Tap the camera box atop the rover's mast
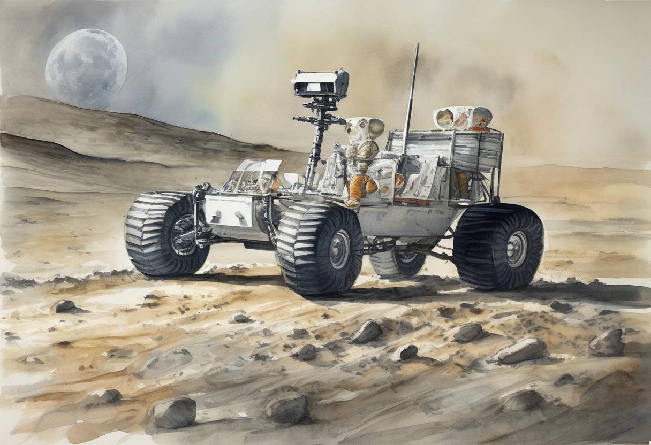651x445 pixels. tap(320, 83)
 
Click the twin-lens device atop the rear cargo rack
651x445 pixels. tap(462, 118)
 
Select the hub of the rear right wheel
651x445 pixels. tap(516, 249)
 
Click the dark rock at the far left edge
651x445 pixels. tap(65, 306)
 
